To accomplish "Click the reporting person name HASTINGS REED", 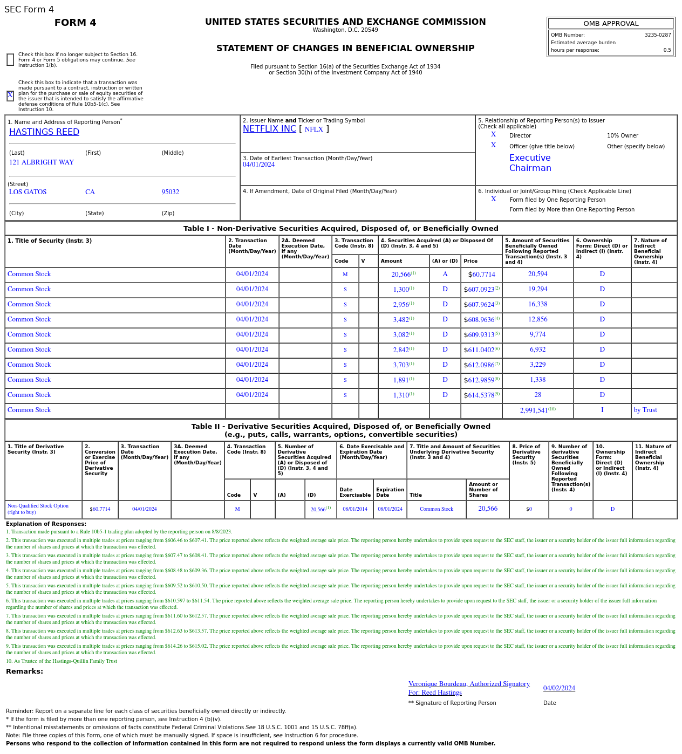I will point(44,132).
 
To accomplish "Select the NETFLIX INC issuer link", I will point(269,129).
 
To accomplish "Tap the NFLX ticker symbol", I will point(313,129).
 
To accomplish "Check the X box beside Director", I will point(493,135).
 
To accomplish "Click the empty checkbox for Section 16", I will point(10,60).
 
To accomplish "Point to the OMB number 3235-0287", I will point(657,35).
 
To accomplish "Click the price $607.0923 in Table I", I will point(481,290).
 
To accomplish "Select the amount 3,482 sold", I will point(401,320).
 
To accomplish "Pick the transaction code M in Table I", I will point(345,275).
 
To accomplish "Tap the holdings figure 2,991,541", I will point(534,410).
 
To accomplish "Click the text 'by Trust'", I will point(645,410).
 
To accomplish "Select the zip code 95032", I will point(170,192).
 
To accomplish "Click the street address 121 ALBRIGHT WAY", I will point(42,162).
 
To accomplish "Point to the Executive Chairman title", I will point(530,163).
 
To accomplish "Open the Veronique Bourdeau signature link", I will point(469,684).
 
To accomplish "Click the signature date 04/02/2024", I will point(559,688).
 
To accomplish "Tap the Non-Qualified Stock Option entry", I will point(38,509).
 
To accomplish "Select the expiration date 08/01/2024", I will point(390,509).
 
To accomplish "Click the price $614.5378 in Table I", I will point(481,395).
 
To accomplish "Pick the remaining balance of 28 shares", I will point(537,395).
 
